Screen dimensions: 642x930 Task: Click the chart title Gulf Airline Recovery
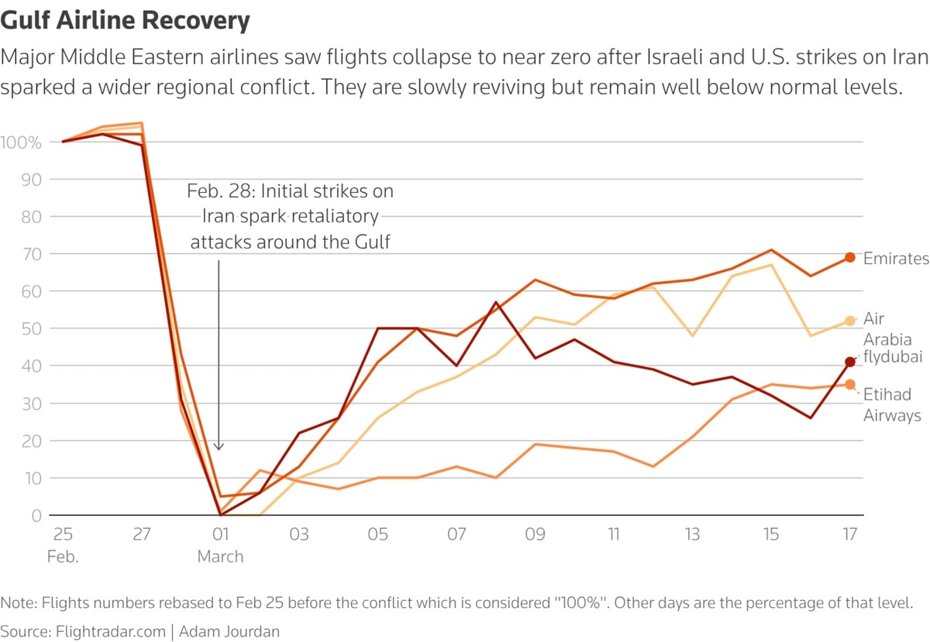point(126,20)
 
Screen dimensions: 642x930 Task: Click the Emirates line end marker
point(850,257)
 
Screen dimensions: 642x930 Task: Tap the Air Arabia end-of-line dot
point(850,321)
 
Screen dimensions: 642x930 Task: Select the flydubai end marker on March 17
point(850,362)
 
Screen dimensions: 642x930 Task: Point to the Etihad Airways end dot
point(850,384)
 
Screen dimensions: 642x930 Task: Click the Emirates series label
point(895,259)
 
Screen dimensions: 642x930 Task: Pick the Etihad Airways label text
point(892,405)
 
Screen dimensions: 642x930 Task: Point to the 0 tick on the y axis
point(36,515)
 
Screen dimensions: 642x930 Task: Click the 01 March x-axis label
point(220,544)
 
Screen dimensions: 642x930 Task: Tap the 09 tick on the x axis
point(535,534)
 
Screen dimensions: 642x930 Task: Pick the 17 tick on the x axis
point(850,534)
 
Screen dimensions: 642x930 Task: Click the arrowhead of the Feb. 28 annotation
point(219,447)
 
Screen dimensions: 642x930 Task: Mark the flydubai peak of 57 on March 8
point(495,302)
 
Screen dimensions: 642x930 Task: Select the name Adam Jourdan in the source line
point(229,631)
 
